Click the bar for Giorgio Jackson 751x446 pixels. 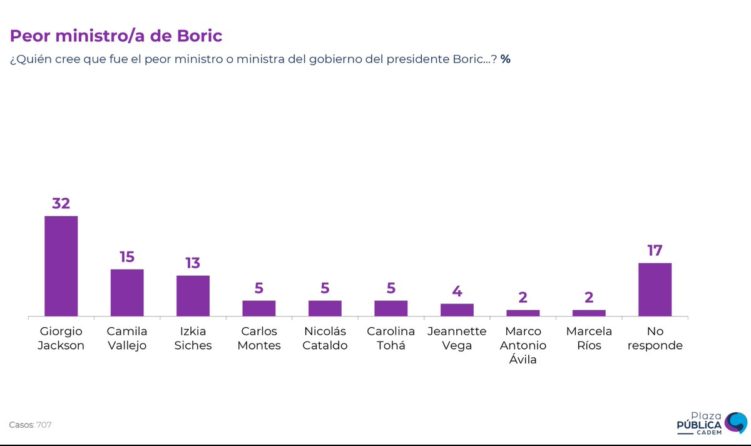61,266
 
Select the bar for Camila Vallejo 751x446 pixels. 127,292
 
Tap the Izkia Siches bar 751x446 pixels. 193,295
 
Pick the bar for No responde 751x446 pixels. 655,289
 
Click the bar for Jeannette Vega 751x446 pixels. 457,310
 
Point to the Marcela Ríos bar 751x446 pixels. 589,313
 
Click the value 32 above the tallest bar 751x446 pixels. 61,203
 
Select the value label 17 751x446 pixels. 655,250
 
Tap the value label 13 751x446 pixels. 193,263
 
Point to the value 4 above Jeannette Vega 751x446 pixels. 457,291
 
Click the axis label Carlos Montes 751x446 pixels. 259,338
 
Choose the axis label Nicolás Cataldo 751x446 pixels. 325,338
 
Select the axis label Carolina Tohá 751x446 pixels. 391,338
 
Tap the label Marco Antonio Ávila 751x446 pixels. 523,345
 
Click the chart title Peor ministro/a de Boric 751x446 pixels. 116,36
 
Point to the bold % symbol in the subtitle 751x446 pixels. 505,59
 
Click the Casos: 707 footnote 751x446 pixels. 30,425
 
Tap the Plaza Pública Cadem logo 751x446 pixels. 712,423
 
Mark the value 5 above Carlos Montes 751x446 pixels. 259,288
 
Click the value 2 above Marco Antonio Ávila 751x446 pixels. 523,297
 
